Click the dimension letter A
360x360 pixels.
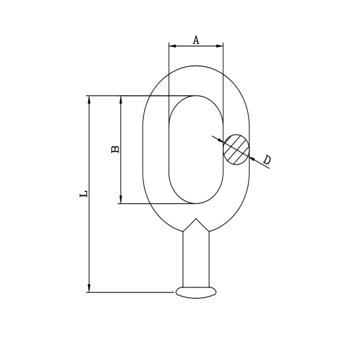(x=196, y=40)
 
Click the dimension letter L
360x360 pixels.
(x=84, y=194)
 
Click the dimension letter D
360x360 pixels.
(x=267, y=160)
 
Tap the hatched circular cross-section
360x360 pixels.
(x=236, y=149)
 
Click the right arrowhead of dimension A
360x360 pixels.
(x=220, y=46)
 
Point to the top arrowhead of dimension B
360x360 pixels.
(x=121, y=99)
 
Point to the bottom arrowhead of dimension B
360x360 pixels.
(x=121, y=200)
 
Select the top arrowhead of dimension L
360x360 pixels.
(x=89, y=99)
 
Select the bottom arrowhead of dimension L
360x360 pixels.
(x=89, y=289)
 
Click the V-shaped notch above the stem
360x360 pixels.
(x=196, y=220)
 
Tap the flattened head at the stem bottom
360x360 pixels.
(x=196, y=292)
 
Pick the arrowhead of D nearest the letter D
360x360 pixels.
(x=252, y=159)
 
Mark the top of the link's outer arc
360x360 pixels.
(x=196, y=66)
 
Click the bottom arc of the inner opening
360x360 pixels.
(x=196, y=203)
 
